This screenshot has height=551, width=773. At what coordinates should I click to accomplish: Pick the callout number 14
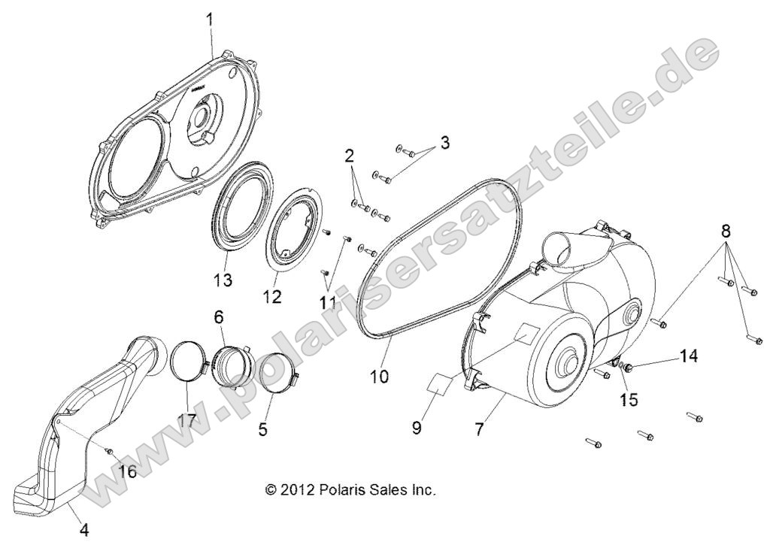[x=688, y=356]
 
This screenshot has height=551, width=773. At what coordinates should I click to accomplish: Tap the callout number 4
[x=84, y=529]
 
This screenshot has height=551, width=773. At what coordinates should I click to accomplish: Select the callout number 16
[x=127, y=471]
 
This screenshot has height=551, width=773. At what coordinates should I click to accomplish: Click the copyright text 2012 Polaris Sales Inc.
[x=350, y=489]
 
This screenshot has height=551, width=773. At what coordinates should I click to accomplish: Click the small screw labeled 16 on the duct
[x=109, y=451]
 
